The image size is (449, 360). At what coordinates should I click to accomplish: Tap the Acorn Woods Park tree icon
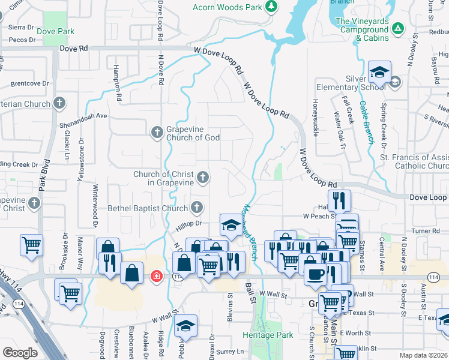(x=271, y=7)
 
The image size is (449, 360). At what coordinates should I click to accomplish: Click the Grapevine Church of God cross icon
(x=157, y=132)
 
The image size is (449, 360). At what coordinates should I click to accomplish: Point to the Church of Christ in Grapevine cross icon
(x=203, y=177)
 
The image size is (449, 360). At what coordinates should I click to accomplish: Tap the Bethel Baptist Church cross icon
(x=196, y=208)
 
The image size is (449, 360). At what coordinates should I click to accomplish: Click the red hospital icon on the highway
(x=156, y=277)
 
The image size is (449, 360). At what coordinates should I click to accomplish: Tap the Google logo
(x=20, y=353)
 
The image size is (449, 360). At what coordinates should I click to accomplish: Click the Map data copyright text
(x=424, y=355)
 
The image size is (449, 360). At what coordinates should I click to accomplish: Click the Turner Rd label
(x=426, y=230)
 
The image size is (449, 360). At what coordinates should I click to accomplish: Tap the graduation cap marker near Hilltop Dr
(x=230, y=225)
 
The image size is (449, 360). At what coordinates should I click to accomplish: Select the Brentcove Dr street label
(x=29, y=83)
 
